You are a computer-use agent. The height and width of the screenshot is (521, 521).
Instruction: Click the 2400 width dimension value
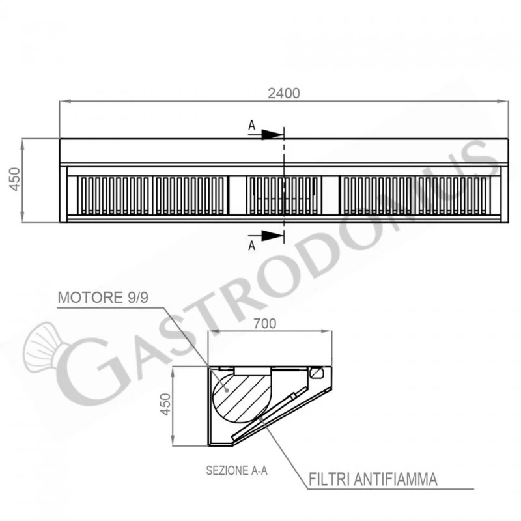pos(284,93)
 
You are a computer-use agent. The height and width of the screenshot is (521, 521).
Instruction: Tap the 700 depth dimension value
pos(265,323)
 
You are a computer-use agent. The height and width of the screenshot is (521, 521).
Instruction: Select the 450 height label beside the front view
pos(14,180)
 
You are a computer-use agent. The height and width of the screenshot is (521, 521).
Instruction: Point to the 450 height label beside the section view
pos(165,404)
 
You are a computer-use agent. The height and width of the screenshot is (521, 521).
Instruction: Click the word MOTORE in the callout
pos(91,298)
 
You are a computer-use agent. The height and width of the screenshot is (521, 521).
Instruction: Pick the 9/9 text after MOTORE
pos(138,298)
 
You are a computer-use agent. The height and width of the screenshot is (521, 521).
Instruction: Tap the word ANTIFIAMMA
pos(395,479)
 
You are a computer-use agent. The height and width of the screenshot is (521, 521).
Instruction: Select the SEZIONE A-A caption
pos(236,470)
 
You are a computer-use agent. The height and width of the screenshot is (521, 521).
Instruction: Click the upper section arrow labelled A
pos(266,135)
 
